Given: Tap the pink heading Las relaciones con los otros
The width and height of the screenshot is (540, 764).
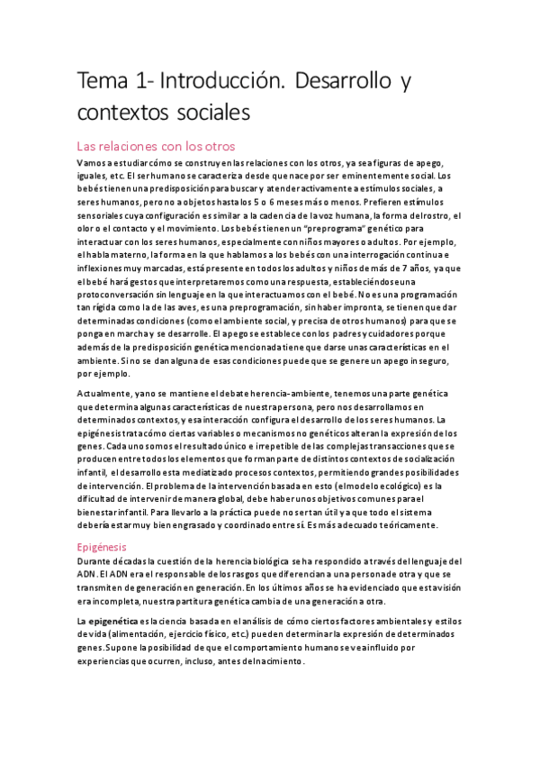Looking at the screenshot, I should [x=156, y=146].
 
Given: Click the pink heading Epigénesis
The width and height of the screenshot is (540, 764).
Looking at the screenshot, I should [x=102, y=546].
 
